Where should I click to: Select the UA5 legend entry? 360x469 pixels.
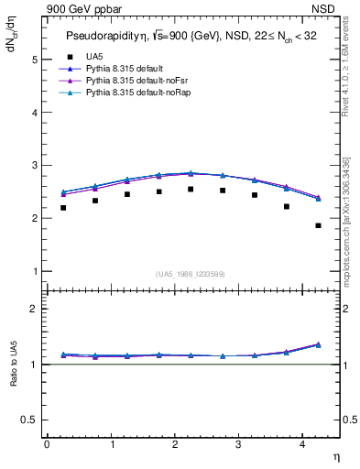click(93, 56)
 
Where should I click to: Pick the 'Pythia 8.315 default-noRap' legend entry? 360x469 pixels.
click(134, 93)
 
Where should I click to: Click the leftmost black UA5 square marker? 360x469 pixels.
click(63, 208)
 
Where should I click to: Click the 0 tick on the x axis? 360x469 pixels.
click(47, 444)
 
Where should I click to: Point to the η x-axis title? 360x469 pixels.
click(335, 455)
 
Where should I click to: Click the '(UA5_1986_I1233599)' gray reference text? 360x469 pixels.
click(192, 274)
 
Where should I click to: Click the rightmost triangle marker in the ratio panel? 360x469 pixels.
click(318, 344)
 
